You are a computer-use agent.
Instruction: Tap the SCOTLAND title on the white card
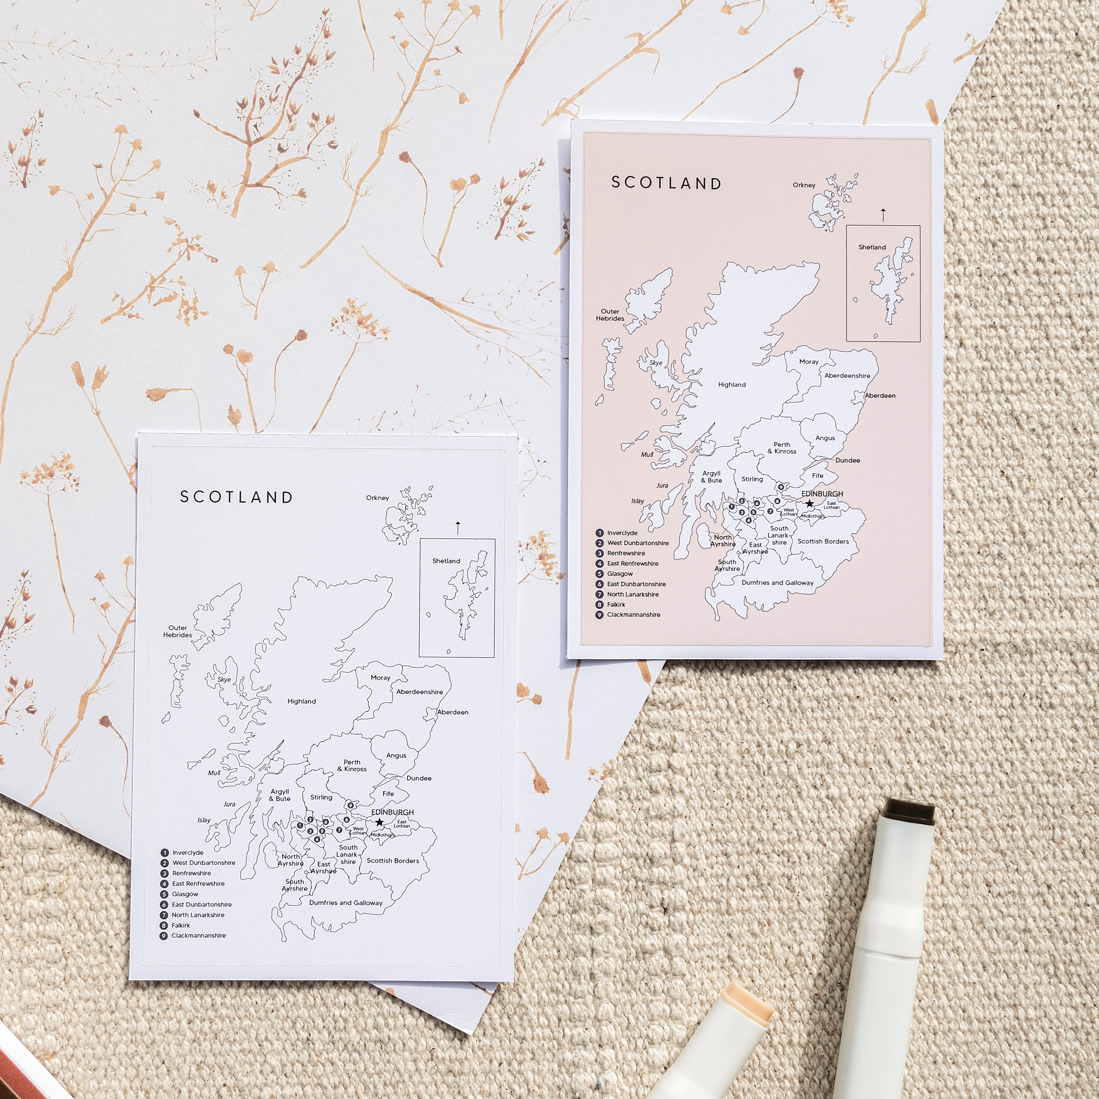click(236, 497)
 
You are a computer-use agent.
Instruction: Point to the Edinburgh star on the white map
click(380, 822)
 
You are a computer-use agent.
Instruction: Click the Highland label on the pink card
click(732, 385)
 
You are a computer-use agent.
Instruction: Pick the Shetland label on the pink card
click(872, 247)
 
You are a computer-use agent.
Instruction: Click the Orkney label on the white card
click(377, 498)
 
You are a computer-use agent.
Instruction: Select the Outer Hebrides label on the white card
click(177, 632)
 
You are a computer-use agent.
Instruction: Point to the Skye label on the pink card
click(656, 363)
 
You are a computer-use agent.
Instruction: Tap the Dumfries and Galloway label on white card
click(345, 903)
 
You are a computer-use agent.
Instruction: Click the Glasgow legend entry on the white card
click(185, 894)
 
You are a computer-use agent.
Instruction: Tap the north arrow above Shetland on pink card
click(883, 214)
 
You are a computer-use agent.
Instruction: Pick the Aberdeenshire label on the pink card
click(847, 376)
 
